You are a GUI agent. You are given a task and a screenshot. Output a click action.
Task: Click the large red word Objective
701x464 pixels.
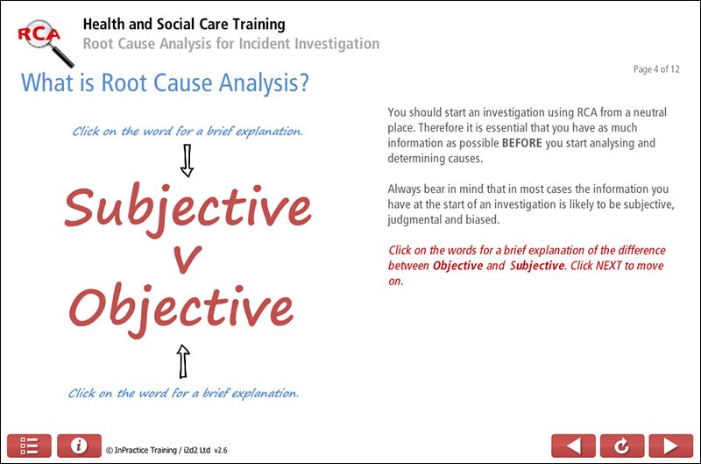click(181, 307)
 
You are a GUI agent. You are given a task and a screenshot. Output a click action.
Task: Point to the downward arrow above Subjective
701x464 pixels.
click(186, 161)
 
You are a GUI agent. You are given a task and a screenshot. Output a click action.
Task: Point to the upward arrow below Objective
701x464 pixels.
click(183, 360)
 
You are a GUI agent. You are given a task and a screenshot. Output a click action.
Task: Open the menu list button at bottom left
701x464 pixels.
click(29, 446)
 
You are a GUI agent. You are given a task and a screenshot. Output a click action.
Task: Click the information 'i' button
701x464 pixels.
click(79, 446)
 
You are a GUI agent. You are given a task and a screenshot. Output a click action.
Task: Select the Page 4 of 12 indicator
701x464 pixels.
click(656, 69)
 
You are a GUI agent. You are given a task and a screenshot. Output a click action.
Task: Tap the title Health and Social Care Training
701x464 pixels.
click(183, 25)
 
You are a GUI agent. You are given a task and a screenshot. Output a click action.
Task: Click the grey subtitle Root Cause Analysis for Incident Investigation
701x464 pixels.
click(230, 44)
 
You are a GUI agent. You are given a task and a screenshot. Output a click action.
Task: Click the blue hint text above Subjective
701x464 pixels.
click(188, 132)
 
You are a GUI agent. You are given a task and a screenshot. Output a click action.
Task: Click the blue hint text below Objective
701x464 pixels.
click(184, 393)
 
